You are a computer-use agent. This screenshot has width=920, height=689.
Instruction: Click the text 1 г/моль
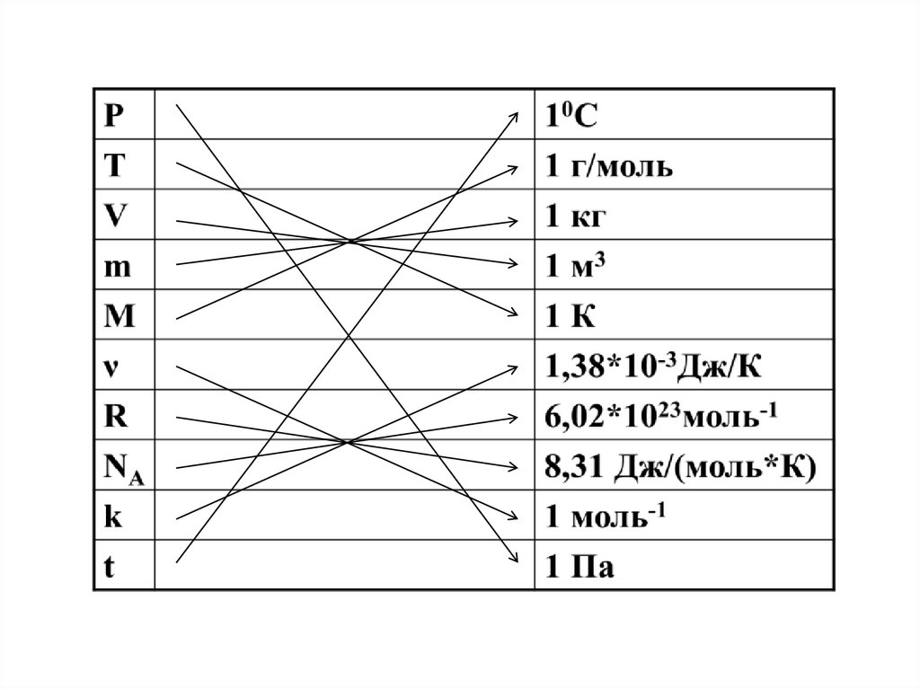(608, 167)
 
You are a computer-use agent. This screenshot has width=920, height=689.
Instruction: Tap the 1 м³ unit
(574, 266)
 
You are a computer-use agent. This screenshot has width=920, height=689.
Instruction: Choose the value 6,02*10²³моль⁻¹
(659, 416)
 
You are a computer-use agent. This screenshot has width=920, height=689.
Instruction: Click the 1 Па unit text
(579, 568)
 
